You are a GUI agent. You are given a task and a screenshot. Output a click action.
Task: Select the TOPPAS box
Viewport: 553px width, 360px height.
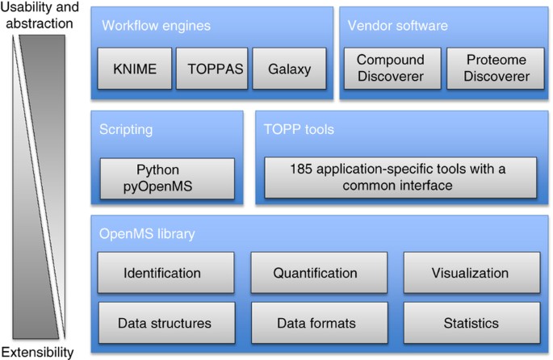pyautogui.click(x=209, y=69)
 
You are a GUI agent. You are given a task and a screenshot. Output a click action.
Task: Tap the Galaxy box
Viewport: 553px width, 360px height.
pyautogui.click(x=290, y=69)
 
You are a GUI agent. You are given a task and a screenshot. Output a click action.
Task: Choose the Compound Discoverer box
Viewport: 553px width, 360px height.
pyautogui.click(x=391, y=69)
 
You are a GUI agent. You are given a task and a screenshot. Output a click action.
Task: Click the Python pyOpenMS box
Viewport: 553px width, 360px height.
pyautogui.click(x=167, y=178)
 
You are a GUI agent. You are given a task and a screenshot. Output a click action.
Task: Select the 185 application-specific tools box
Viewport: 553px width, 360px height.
pyautogui.click(x=400, y=178)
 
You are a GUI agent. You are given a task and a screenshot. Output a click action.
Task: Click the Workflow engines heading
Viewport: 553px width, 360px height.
pyautogui.click(x=156, y=26)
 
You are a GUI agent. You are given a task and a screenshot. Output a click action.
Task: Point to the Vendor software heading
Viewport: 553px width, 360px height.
pyautogui.click(x=397, y=26)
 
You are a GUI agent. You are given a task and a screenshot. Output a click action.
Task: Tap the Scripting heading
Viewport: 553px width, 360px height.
pyautogui.click(x=126, y=129)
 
